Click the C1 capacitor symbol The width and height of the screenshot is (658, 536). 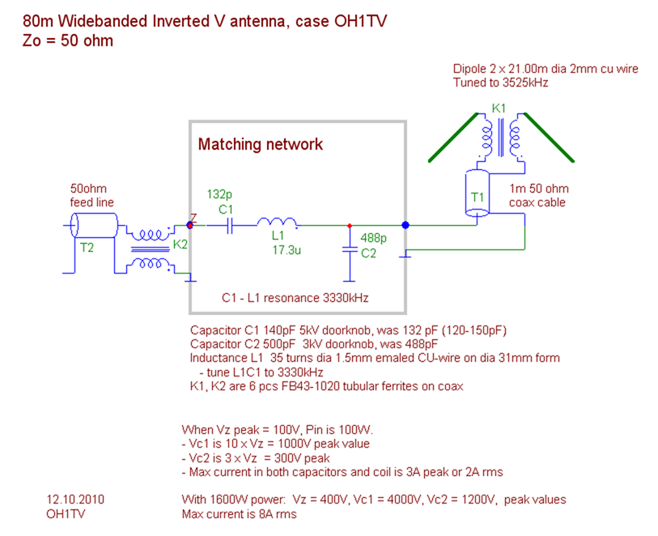228,226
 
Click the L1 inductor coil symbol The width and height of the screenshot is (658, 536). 278,223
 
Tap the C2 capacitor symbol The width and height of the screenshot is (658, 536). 350,252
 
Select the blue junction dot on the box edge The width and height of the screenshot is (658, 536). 405,226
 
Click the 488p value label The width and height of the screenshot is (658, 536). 373,239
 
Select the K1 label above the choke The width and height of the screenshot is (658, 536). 499,108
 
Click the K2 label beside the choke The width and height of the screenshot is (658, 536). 181,243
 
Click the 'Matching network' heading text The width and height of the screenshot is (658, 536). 260,145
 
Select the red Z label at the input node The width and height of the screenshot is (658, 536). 193,217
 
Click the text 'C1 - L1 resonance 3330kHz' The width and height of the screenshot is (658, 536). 295,298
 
